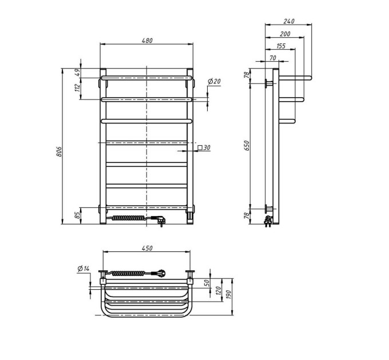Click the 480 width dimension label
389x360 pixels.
147,40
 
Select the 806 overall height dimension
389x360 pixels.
59,151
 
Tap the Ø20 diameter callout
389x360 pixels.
214,81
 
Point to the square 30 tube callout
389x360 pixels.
204,147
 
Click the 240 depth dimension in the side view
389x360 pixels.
289,21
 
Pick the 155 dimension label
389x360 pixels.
280,46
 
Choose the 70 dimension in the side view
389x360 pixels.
273,58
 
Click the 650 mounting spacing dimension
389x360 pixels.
247,146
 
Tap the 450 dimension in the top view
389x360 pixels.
147,248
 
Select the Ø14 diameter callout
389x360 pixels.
84,269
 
